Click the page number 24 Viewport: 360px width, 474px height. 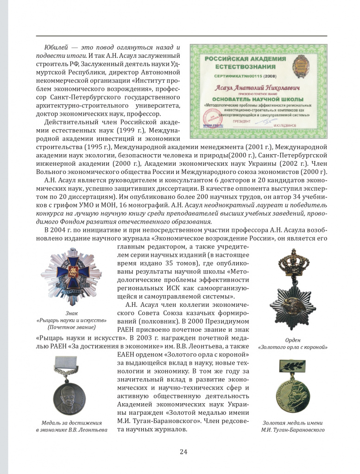[183, 452]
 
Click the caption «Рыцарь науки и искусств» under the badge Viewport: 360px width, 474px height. [71, 320]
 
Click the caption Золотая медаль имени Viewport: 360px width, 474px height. [292, 423]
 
